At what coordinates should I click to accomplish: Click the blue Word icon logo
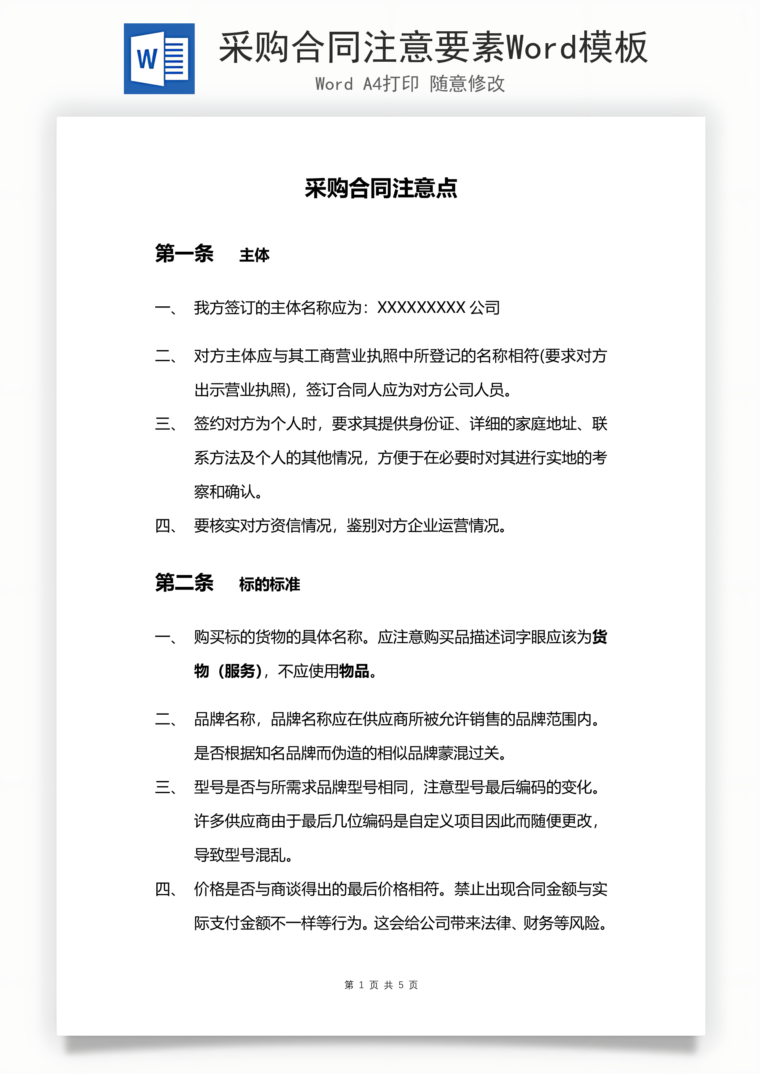click(x=159, y=59)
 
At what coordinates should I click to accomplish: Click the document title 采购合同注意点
click(x=380, y=188)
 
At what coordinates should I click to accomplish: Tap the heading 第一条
click(x=184, y=254)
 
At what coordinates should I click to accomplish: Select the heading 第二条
click(x=184, y=583)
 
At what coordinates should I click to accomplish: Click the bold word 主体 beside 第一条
click(x=254, y=255)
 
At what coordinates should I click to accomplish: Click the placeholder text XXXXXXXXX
click(x=421, y=308)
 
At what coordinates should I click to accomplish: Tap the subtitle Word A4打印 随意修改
click(x=410, y=84)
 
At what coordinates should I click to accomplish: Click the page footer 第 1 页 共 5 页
click(x=380, y=985)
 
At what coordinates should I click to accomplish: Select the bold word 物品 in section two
click(x=354, y=671)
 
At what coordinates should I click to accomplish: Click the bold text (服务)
click(x=239, y=671)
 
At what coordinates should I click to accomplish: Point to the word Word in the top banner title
click(x=542, y=48)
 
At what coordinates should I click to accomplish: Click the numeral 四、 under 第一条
click(x=166, y=526)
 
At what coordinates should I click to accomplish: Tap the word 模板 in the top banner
click(x=613, y=48)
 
